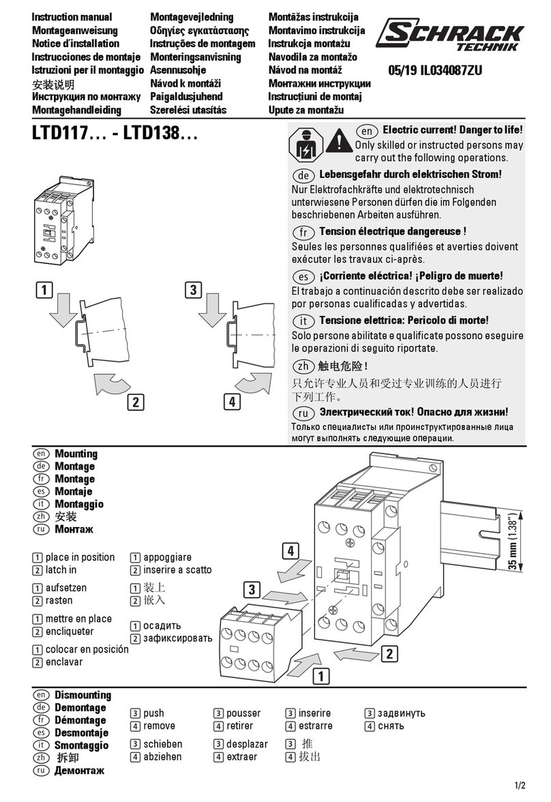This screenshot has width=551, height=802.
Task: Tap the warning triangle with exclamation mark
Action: (339, 141)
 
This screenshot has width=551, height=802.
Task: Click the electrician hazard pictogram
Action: (305, 145)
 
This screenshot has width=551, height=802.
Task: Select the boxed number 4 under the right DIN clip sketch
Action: (232, 402)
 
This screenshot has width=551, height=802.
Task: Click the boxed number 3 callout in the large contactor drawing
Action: (253, 589)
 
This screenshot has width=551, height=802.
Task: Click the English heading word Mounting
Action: (76, 454)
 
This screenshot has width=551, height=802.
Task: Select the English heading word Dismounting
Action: (82, 696)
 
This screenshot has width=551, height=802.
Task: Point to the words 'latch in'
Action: (61, 570)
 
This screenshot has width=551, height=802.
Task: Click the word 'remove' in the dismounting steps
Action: (159, 726)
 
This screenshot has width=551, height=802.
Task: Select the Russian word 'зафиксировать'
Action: (177, 639)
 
